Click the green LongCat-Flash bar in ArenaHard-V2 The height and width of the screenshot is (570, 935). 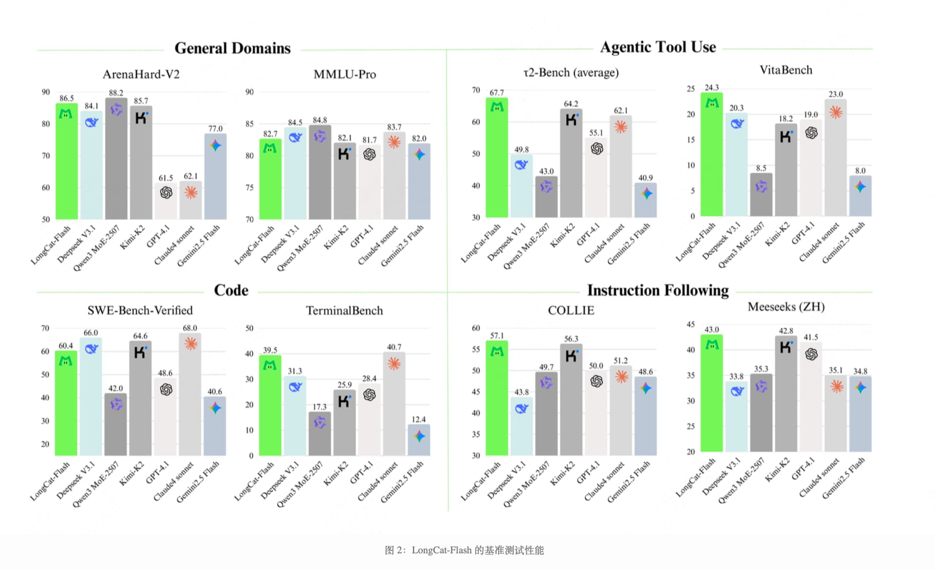[x=67, y=161]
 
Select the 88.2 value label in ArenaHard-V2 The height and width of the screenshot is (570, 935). [x=116, y=93]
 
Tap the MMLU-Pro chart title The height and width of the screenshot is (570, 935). [x=345, y=74]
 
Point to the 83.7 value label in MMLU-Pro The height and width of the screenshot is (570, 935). [x=394, y=127]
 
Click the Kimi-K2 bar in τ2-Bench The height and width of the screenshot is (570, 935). [x=571, y=163]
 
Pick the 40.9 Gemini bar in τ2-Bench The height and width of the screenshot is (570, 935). [x=646, y=200]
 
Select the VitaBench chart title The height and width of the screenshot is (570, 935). [x=786, y=70]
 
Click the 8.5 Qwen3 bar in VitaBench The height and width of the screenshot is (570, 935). [x=761, y=194]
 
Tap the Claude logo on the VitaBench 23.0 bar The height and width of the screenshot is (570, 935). [x=836, y=113]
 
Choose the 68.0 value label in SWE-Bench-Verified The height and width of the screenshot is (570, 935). [x=190, y=328]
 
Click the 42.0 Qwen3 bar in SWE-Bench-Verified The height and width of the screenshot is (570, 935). [x=116, y=424]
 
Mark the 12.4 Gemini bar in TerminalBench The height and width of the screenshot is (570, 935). [x=419, y=440]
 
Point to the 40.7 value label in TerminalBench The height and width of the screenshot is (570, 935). [x=394, y=347]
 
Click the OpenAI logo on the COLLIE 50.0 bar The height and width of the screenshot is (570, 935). [x=597, y=381]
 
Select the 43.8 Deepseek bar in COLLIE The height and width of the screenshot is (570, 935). [x=522, y=426]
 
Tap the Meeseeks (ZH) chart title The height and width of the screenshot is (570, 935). [x=786, y=307]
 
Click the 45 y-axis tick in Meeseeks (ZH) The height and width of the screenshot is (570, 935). [x=691, y=324]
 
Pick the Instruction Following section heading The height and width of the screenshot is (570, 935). [x=658, y=290]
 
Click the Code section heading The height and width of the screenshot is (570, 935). [x=231, y=290]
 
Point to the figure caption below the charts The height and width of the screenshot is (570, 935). [x=464, y=550]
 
